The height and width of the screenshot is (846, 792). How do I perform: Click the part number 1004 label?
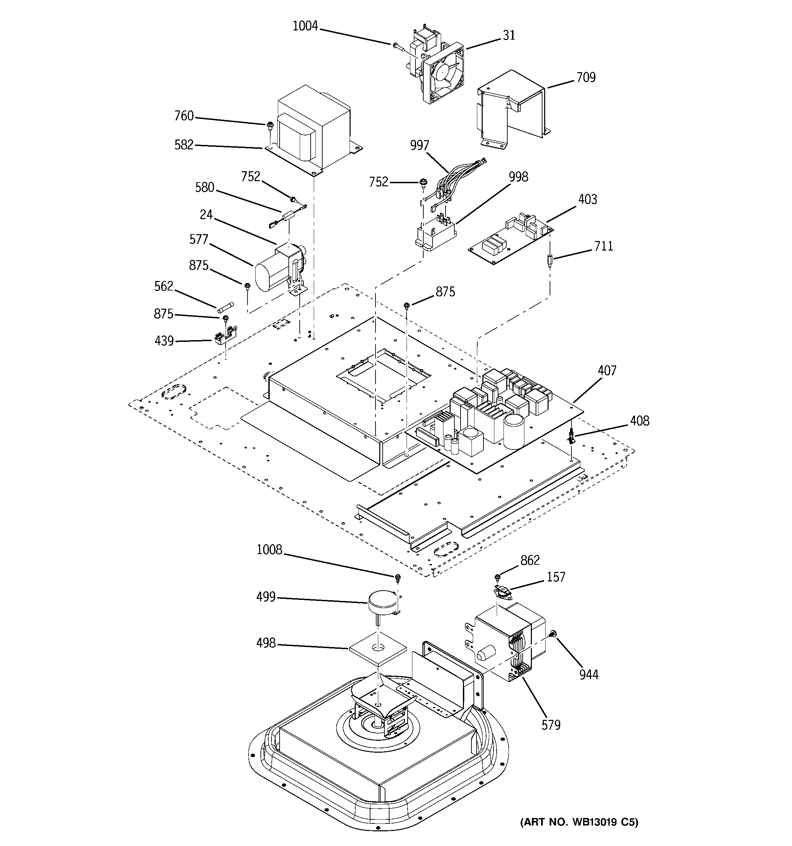click(x=305, y=26)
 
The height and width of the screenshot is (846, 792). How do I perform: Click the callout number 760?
click(x=184, y=116)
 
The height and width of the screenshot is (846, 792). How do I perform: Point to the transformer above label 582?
click(x=315, y=127)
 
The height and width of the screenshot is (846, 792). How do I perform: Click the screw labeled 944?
click(x=553, y=634)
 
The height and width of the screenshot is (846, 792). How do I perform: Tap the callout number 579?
click(x=551, y=725)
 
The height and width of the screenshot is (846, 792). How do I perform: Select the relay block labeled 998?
click(x=436, y=236)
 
